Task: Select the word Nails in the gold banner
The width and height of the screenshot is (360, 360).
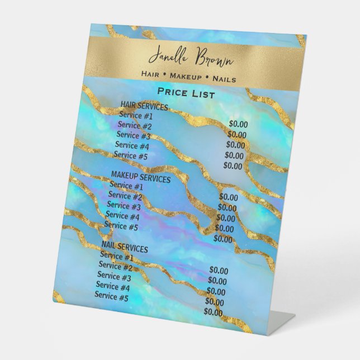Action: (x=224, y=79)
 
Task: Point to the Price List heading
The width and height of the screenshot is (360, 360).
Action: (x=186, y=93)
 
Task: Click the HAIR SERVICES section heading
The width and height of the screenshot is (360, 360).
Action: (x=144, y=107)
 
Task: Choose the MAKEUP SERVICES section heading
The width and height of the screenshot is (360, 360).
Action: (x=140, y=179)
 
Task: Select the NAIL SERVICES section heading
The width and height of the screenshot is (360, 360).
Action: (x=125, y=248)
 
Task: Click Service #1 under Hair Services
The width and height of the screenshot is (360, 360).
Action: (x=135, y=116)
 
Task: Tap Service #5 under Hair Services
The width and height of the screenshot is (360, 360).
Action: (x=130, y=155)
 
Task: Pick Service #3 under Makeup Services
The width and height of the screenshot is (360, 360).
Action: (x=124, y=206)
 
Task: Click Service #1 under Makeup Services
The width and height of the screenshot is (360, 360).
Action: (x=126, y=186)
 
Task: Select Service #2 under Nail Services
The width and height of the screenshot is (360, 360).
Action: (x=116, y=267)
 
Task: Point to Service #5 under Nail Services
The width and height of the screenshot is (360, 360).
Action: (x=111, y=297)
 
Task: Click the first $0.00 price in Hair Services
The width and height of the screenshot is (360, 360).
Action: (x=238, y=124)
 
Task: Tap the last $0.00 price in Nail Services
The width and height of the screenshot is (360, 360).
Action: (x=214, y=312)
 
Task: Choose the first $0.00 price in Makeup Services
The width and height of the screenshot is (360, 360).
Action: (x=228, y=197)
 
